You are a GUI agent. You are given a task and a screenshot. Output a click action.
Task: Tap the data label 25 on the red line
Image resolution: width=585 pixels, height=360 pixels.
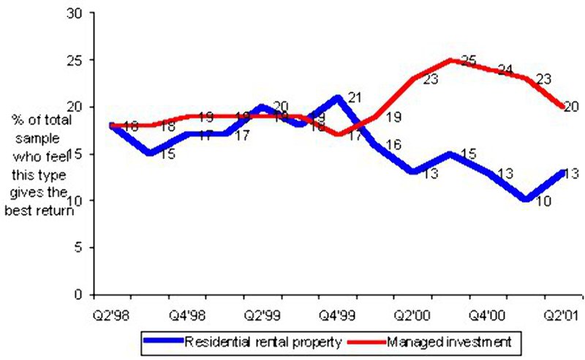pyautogui.click(x=469, y=62)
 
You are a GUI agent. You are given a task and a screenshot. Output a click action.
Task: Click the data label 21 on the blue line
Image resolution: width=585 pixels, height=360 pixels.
pyautogui.click(x=355, y=97)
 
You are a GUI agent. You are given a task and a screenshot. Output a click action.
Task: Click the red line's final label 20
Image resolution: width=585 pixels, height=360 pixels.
pyautogui.click(x=571, y=107)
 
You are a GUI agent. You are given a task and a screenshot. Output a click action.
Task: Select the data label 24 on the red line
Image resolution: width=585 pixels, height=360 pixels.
pyautogui.click(x=505, y=70)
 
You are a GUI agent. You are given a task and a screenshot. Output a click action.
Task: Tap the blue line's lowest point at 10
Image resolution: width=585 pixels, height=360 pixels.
pyautogui.click(x=525, y=200)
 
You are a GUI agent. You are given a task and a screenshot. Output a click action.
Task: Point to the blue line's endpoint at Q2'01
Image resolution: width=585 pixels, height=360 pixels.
pyautogui.click(x=562, y=172)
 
